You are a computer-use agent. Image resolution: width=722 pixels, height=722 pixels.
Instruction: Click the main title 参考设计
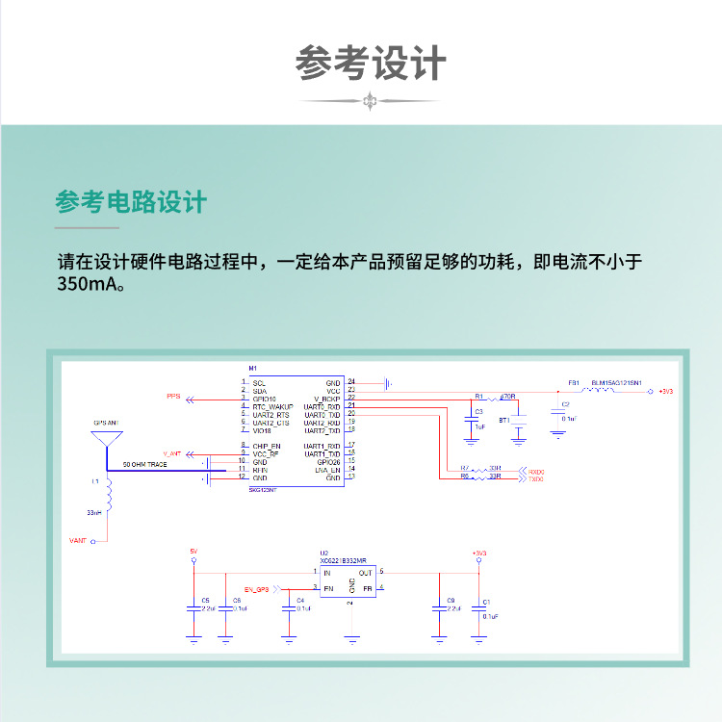(x=371, y=64)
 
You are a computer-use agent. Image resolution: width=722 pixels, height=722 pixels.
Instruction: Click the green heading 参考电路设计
(x=131, y=202)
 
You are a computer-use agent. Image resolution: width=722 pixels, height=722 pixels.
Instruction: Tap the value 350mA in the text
(x=89, y=284)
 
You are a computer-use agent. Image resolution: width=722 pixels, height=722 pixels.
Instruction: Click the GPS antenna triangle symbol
(x=107, y=438)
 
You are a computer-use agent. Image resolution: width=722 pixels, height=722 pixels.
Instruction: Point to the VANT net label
(x=79, y=541)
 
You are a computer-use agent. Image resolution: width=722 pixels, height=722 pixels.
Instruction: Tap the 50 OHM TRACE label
(x=145, y=464)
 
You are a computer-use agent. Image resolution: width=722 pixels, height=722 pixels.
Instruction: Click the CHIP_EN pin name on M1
(x=267, y=446)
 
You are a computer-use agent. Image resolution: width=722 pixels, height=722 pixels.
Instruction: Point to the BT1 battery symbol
(x=519, y=421)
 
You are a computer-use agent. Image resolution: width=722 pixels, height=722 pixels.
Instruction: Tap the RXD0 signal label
(x=536, y=471)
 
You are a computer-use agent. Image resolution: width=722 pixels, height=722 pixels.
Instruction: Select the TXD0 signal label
(x=536, y=478)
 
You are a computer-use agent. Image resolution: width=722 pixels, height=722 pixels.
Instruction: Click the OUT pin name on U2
(x=366, y=573)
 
